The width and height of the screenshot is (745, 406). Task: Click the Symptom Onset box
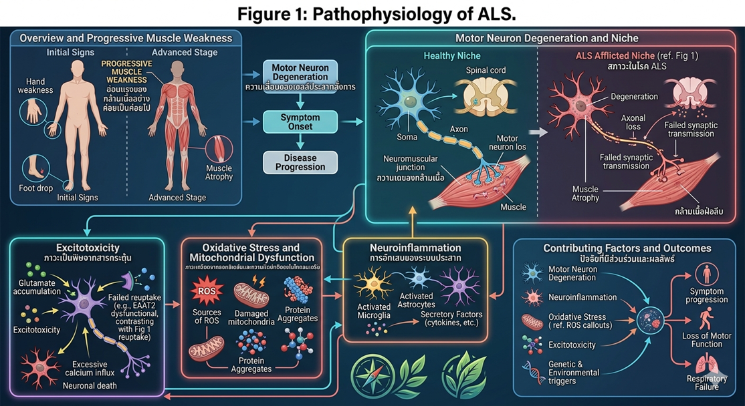click(301, 121)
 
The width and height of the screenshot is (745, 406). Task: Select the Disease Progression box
click(301, 162)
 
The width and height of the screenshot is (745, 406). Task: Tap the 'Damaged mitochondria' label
click(251, 318)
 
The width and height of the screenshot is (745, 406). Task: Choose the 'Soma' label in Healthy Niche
click(407, 137)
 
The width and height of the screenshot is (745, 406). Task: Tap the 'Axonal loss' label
click(633, 122)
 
